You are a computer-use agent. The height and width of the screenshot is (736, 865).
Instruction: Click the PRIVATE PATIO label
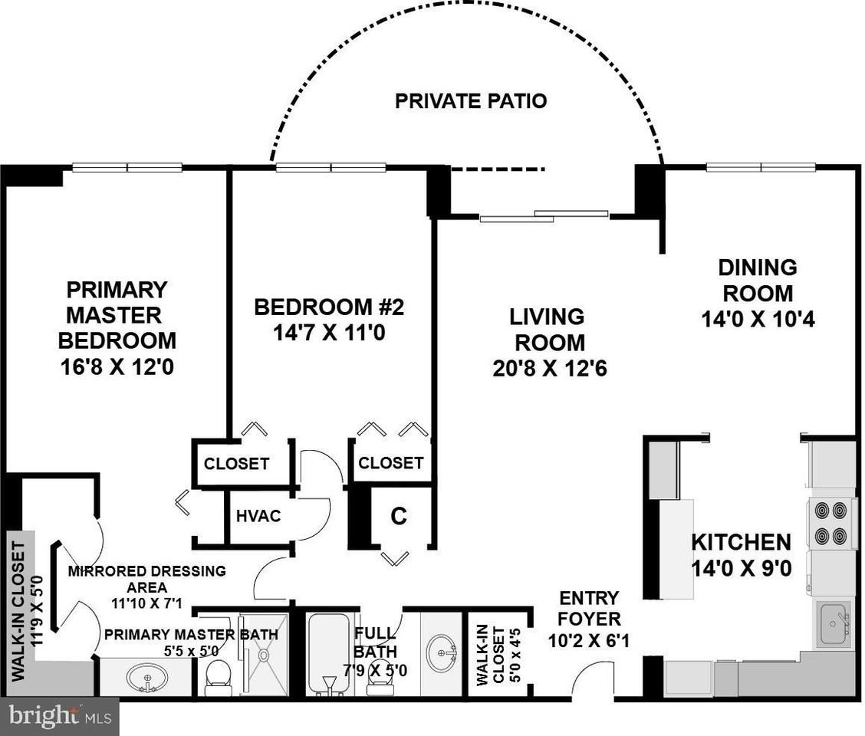tap(471, 100)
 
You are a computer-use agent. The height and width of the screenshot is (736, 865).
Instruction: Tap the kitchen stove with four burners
tap(831, 521)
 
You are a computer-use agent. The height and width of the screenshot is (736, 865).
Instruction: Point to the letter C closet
tap(398, 517)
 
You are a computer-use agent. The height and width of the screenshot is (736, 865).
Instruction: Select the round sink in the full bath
tap(439, 652)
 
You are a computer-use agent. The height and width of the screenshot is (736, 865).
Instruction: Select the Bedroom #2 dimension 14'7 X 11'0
tap(328, 334)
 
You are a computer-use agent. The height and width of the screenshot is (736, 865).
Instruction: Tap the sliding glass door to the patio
tap(544, 215)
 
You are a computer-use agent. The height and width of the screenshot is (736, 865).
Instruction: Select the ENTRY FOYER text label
tap(589, 608)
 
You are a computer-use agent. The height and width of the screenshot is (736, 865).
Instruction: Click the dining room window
tap(759, 166)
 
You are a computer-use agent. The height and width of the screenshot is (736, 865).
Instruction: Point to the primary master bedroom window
tap(127, 166)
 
